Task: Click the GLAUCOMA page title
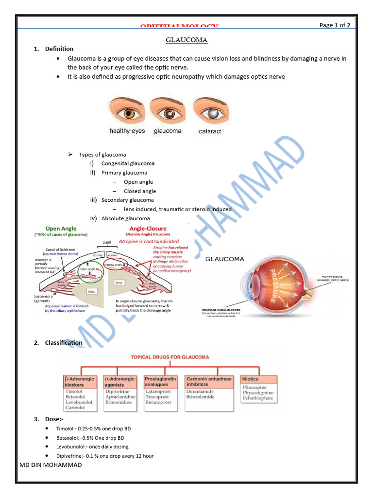pyautogui.click(x=187, y=40)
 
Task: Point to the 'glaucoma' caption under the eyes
pyautogui.click(x=167, y=131)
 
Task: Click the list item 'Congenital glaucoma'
pyautogui.click(x=128, y=163)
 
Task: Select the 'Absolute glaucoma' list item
pyautogui.click(x=125, y=218)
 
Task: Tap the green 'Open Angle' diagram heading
pyautogui.click(x=61, y=228)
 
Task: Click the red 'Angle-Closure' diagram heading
pyautogui.click(x=148, y=228)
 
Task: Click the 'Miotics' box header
pyautogui.click(x=251, y=379)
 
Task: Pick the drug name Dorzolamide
pyautogui.click(x=200, y=391)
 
